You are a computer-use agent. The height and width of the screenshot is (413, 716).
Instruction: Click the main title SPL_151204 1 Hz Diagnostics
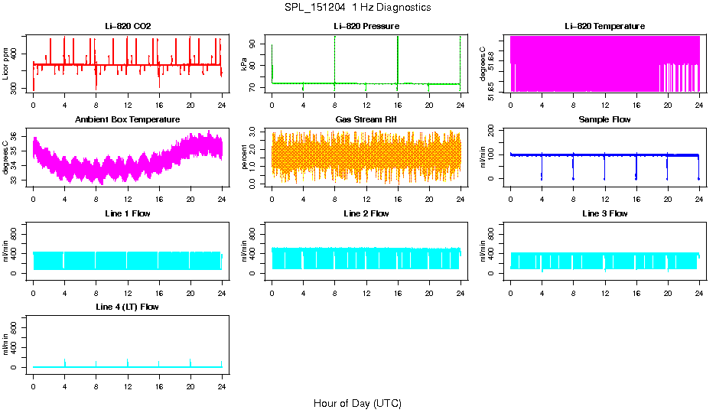(x=357, y=8)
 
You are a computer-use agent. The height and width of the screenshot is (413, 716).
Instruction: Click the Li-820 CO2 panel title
(x=128, y=26)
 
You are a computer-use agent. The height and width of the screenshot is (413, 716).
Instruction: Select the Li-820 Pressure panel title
(x=366, y=26)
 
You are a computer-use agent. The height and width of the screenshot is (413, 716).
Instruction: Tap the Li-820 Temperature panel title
(x=604, y=26)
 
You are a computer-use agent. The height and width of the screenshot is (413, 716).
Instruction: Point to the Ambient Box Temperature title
(x=128, y=119)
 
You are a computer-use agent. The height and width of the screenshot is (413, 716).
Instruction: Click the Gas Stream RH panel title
(x=366, y=119)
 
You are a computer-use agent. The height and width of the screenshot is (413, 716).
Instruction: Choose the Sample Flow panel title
(x=604, y=119)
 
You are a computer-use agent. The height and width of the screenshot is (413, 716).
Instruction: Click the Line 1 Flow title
(x=128, y=213)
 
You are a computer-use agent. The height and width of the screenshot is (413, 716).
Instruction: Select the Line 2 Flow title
(x=366, y=213)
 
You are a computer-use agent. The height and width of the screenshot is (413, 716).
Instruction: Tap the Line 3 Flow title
(x=604, y=213)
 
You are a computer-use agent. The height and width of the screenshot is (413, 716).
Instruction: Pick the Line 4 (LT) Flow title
(x=128, y=307)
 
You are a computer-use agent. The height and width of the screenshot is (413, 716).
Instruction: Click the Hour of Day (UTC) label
(x=357, y=403)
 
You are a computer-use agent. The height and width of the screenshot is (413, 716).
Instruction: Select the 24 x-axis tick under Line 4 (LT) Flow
(x=222, y=386)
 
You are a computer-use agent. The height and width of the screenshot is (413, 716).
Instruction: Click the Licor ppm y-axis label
(x=6, y=64)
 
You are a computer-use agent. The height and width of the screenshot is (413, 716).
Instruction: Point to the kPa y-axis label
(x=245, y=64)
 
